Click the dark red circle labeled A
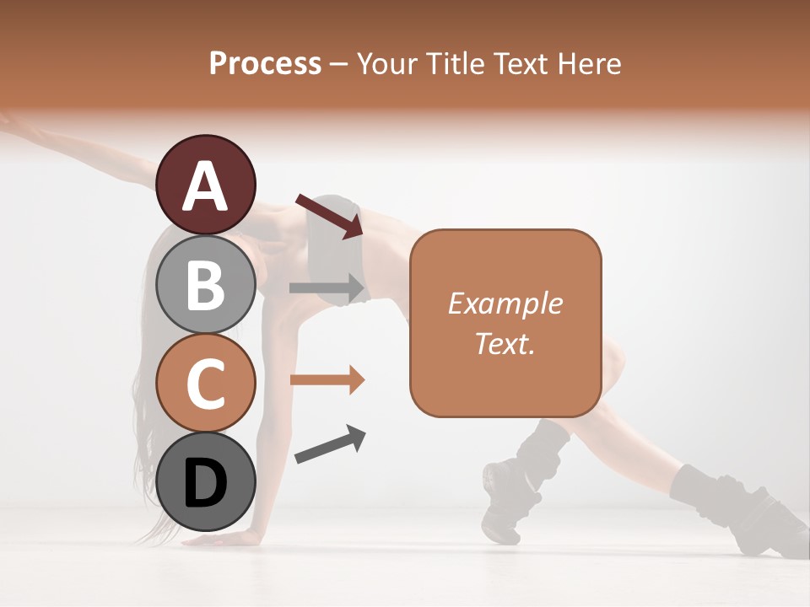click(x=206, y=185)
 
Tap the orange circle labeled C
click(x=206, y=383)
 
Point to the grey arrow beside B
click(x=327, y=287)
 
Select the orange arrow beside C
click(x=327, y=379)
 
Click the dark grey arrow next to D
click(x=330, y=444)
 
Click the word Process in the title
click(x=265, y=63)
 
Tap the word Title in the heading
click(x=453, y=63)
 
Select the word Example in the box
click(x=505, y=303)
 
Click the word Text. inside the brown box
click(x=505, y=343)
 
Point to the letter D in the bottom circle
click(x=206, y=484)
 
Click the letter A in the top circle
click(x=206, y=186)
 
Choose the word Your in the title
click(x=388, y=63)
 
